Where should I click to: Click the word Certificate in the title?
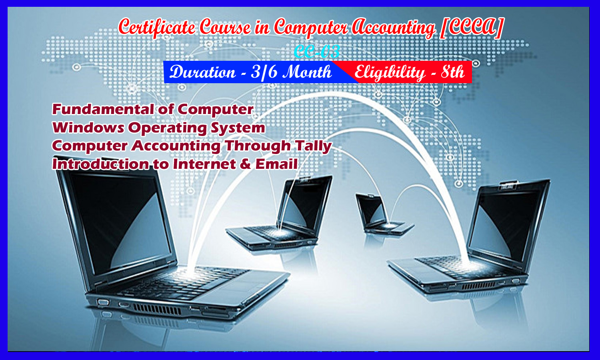[x=157, y=28]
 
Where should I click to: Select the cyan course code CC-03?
[x=317, y=52]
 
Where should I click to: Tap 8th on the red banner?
[x=453, y=72]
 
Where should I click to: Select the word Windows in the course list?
[x=88, y=128]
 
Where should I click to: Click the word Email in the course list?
[x=276, y=164]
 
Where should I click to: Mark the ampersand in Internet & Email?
[x=245, y=164]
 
